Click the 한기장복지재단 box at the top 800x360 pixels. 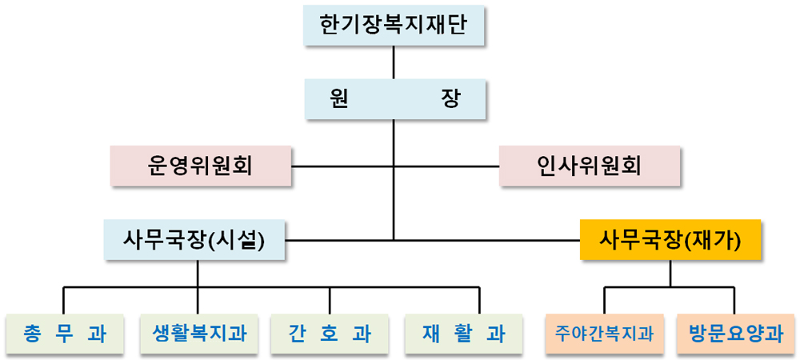point(394,26)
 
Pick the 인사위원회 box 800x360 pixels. point(590,166)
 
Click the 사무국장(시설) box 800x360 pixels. point(194,238)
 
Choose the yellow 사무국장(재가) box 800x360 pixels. point(670,238)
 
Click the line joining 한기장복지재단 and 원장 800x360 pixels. point(394,62)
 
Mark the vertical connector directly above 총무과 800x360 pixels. point(63,301)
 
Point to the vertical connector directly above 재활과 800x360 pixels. point(479,301)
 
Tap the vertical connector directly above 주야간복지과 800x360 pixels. point(605,301)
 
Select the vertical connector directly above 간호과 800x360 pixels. point(330,301)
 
